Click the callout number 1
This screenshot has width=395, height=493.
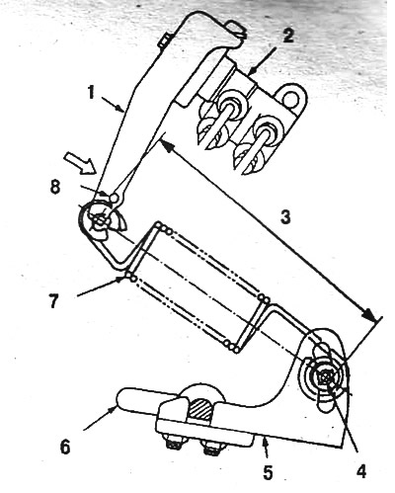point(91,93)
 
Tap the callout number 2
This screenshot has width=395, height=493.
point(287,35)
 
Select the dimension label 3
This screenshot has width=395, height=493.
point(285,217)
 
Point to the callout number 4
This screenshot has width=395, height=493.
point(360,472)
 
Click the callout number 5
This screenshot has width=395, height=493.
point(268,472)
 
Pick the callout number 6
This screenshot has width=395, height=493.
point(65,447)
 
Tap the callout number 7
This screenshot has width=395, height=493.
point(54,300)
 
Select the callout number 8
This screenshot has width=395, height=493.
point(55,189)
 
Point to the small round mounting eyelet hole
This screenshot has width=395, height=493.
point(291,97)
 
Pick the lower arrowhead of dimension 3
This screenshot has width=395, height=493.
point(368,315)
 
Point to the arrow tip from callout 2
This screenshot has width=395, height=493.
point(249,74)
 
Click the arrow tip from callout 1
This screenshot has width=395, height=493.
point(124,112)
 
